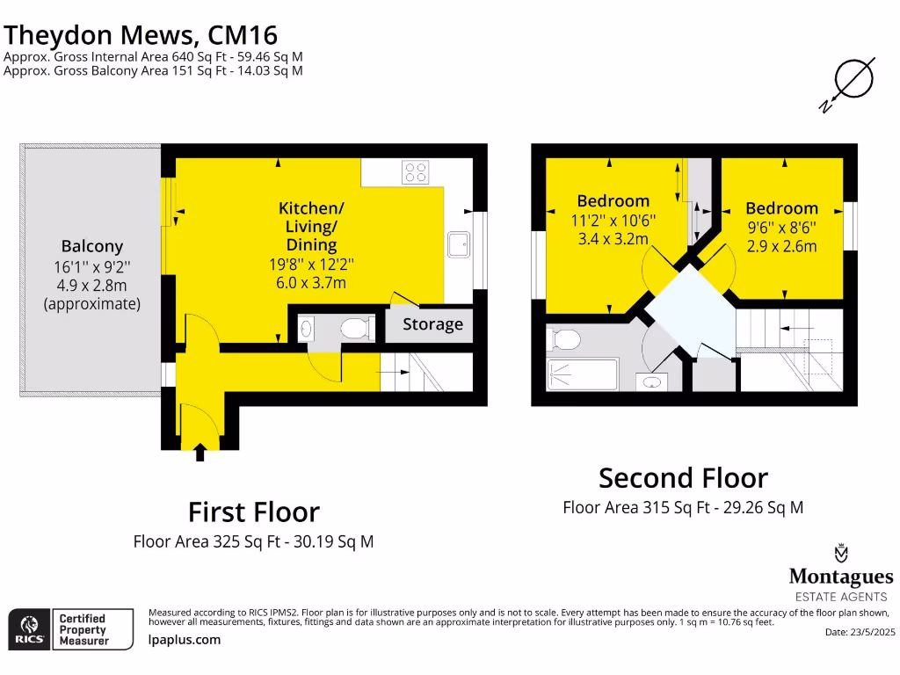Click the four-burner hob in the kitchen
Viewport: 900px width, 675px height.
point(416,172)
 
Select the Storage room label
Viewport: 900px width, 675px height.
point(432,324)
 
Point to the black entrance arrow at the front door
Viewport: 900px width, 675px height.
point(200,453)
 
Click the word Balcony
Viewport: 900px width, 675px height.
point(91,247)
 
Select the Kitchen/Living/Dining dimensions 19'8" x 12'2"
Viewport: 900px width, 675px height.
point(312,264)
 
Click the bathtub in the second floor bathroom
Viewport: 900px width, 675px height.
point(583,374)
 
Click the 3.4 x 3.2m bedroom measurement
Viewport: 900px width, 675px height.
point(613,238)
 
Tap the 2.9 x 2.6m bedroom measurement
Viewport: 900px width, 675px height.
point(781,246)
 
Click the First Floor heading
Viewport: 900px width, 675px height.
point(253,512)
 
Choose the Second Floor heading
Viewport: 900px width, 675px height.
point(683,478)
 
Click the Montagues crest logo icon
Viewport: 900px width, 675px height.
point(841,554)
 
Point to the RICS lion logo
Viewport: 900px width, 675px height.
point(27,628)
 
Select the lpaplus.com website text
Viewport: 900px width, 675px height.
point(185,641)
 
